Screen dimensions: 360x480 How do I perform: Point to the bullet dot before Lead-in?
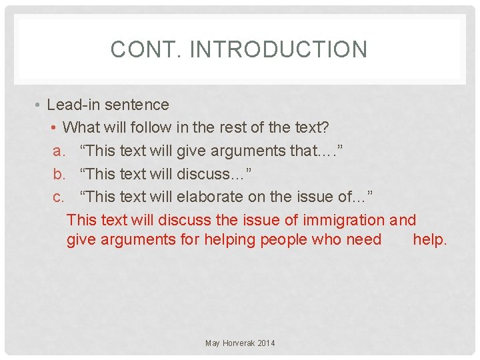39,105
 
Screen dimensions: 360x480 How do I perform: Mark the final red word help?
429,240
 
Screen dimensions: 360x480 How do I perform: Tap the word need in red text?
364,240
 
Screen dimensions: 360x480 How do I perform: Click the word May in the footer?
213,343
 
